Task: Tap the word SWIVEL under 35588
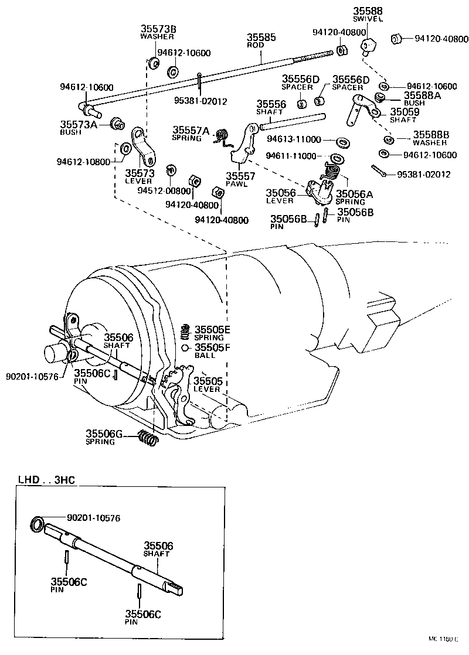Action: pos(368,19)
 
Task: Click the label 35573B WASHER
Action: pos(157,32)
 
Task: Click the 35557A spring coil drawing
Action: pos(221,136)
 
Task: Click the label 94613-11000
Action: pos(293,140)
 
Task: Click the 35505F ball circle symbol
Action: pos(185,348)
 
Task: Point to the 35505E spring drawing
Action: pos(185,332)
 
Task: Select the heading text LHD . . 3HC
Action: pos(47,482)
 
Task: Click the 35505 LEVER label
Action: pos(206,384)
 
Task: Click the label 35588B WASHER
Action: pos(430,137)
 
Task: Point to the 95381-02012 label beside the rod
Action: pos(200,100)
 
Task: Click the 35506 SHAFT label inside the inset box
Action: pos(158,549)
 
